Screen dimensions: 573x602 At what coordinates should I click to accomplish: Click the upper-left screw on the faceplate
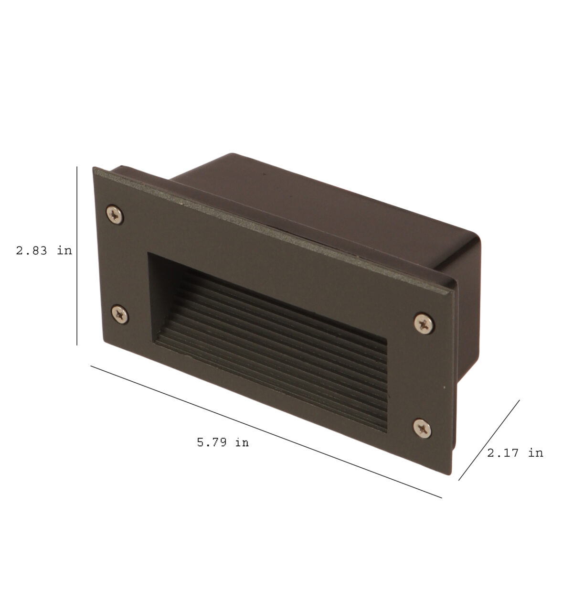click(x=115, y=215)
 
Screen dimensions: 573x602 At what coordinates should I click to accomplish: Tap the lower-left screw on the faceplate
click(x=120, y=314)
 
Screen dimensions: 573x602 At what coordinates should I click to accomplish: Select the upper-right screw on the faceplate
click(x=424, y=323)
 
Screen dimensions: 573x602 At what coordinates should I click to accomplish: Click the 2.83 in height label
click(x=44, y=251)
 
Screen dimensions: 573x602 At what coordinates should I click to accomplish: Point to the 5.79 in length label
click(x=223, y=442)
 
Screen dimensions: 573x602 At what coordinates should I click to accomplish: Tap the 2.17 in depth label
click(x=515, y=453)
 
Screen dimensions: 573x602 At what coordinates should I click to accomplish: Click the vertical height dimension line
click(x=77, y=256)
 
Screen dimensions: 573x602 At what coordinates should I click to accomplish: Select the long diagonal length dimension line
click(x=266, y=432)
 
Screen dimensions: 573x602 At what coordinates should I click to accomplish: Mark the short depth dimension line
click(x=489, y=441)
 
